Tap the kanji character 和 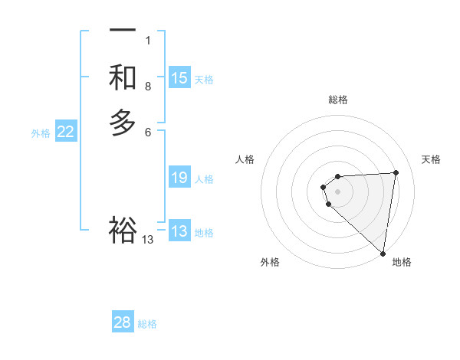[x=123, y=77]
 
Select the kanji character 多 [x=123, y=123]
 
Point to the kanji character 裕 [x=123, y=230]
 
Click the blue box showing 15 [x=179, y=78]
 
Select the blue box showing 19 [x=179, y=178]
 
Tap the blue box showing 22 [x=66, y=133]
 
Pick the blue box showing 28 [x=123, y=322]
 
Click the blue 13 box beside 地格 [x=179, y=231]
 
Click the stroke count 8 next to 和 [x=148, y=87]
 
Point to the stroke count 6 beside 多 [x=148, y=132]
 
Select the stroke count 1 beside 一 [x=148, y=41]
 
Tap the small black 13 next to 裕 [x=148, y=240]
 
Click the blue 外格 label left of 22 [x=41, y=133]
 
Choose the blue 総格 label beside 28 [x=147, y=324]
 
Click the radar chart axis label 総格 [x=338, y=100]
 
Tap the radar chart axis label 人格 [x=245, y=159]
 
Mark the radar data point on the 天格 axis [x=396, y=172]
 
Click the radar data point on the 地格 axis [x=383, y=253]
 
